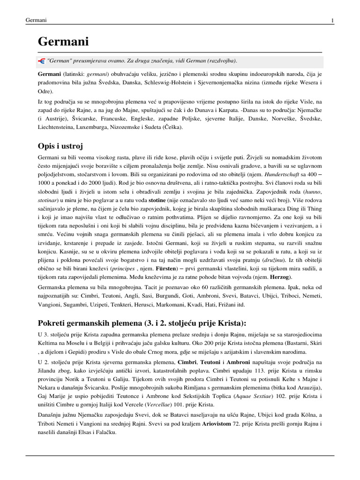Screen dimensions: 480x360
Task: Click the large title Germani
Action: pyautogui.click(x=63, y=42)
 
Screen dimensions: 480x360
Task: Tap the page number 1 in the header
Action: pyautogui.click(x=332, y=20)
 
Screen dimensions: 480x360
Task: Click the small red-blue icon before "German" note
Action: pyautogui.click(x=41, y=61)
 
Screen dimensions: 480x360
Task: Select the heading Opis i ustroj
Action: pyautogui.click(x=64, y=146)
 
